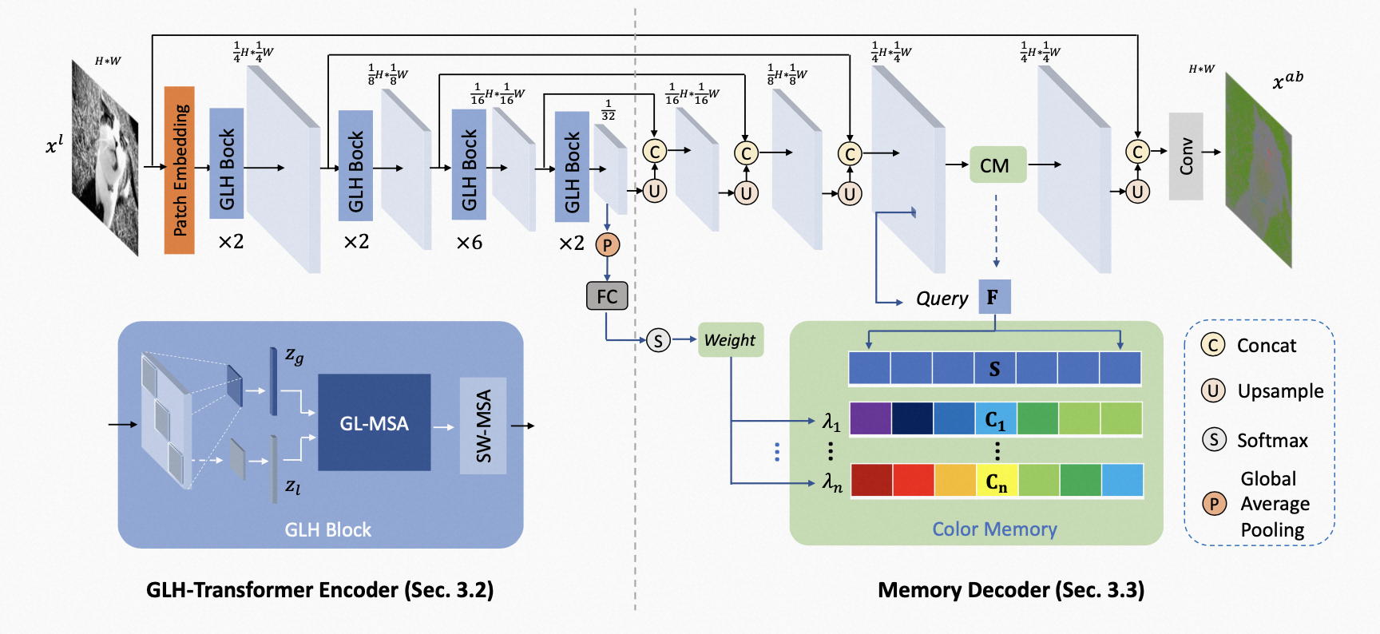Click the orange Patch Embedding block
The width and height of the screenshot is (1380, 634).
pos(180,170)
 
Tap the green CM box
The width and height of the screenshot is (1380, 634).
pos(997,164)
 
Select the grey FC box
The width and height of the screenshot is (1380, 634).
pos(607,296)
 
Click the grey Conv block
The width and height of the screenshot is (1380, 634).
pos(1186,157)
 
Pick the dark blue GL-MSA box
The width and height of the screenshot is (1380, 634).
pos(375,422)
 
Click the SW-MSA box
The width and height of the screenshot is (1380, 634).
pos(483,426)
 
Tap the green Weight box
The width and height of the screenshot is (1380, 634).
pos(731,340)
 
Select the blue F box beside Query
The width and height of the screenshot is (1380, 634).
pos(994,297)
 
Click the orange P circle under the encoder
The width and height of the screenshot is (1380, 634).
pos(607,244)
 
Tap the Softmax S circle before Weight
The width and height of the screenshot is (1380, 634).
pos(658,341)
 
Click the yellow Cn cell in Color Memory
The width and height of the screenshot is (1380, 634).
pos(997,481)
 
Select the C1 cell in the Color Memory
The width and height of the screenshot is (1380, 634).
pos(996,418)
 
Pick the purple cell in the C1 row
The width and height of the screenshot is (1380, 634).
pos(870,418)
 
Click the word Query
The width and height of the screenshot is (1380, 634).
pos(942,299)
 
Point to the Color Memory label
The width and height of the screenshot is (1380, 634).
pos(994,529)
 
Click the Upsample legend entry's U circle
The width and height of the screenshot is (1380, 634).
pos(1213,390)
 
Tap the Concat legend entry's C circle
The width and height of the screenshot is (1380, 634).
pos(1213,345)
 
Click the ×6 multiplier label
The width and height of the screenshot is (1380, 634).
pos(470,243)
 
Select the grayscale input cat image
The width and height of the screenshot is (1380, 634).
pos(105,158)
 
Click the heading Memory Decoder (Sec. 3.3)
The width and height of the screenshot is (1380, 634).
pos(1011,590)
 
